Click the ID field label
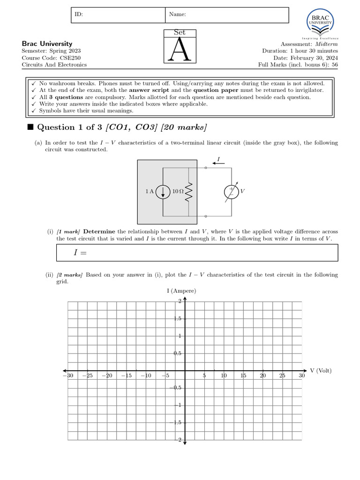pyautogui.click(x=79, y=15)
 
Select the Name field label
pyautogui.click(x=177, y=15)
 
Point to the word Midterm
pyautogui.click(x=325, y=44)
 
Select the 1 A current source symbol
pyautogui.click(x=163, y=192)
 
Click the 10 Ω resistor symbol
pyautogui.click(x=189, y=192)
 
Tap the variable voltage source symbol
pyautogui.click(x=231, y=192)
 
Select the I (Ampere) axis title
pyautogui.click(x=181, y=291)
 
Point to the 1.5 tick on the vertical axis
pyautogui.click(x=178, y=319)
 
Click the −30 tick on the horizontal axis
pyautogui.click(x=68, y=376)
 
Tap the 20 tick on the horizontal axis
pyautogui.click(x=263, y=376)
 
